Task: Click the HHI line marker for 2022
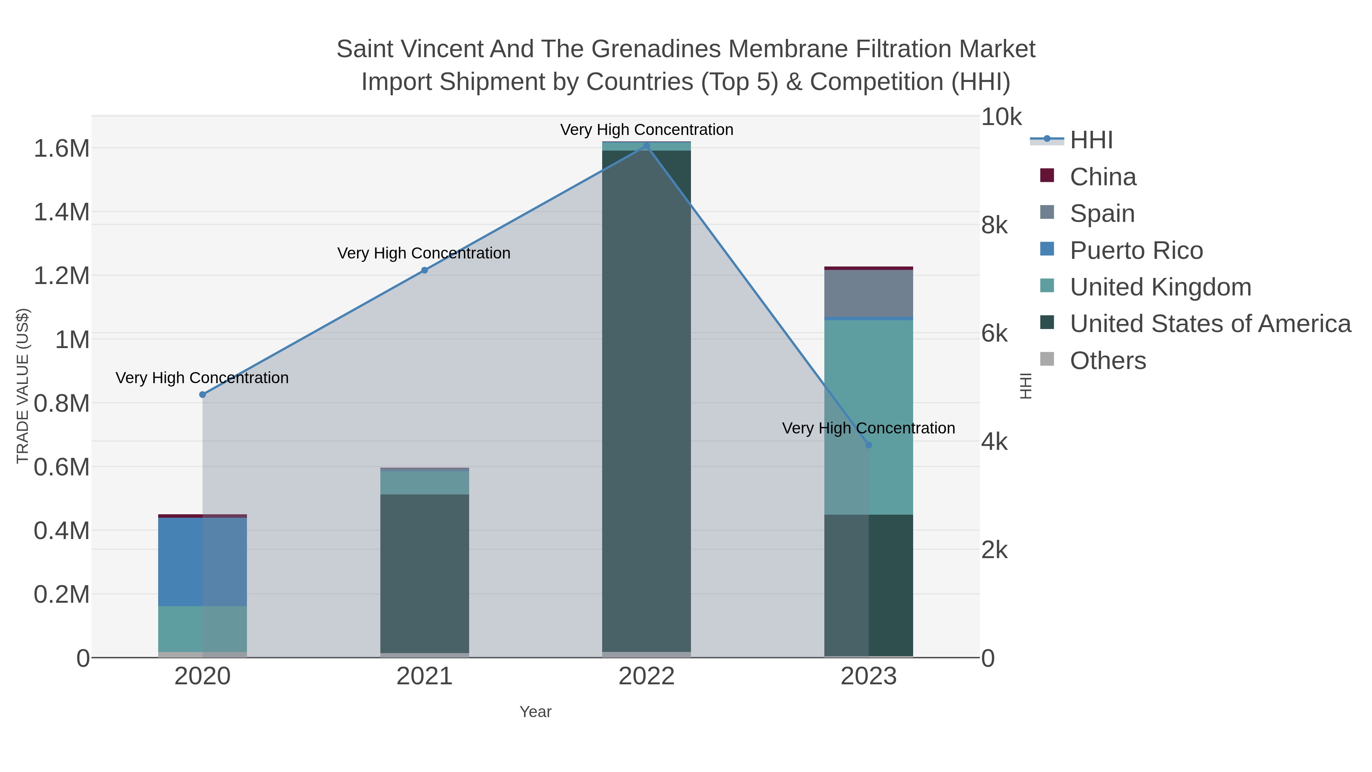(x=647, y=146)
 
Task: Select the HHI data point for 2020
(x=202, y=395)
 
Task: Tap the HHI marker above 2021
(x=425, y=270)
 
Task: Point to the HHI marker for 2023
(x=869, y=445)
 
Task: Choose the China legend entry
(x=1103, y=177)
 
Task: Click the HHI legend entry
(x=1091, y=140)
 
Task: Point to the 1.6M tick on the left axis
(x=61, y=149)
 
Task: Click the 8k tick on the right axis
(x=994, y=225)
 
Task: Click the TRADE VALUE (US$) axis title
(x=23, y=386)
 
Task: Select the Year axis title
(x=535, y=712)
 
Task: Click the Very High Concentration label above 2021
(x=424, y=253)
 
